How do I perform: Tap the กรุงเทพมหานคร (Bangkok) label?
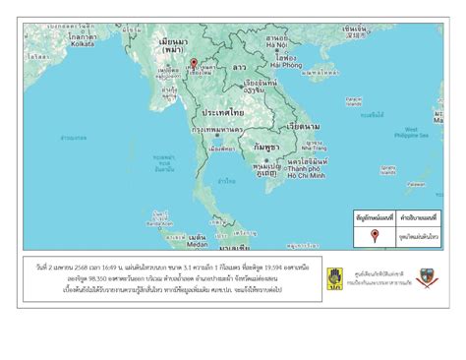tap(218, 129)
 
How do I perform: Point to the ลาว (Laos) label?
tap(239, 68)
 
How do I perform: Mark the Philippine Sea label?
tap(418, 135)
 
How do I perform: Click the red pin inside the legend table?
tap(375, 235)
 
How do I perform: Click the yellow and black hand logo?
tap(337, 278)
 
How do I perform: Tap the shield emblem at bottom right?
tap(426, 278)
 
